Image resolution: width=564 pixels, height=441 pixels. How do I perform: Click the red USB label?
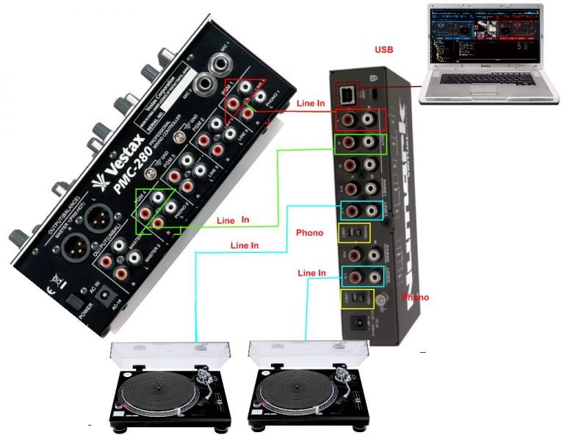point(383,50)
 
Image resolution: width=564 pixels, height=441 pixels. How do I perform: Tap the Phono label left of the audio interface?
point(309,233)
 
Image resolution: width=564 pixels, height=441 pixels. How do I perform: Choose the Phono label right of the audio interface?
point(415,298)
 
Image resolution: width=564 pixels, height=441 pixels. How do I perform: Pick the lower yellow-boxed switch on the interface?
point(357,299)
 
